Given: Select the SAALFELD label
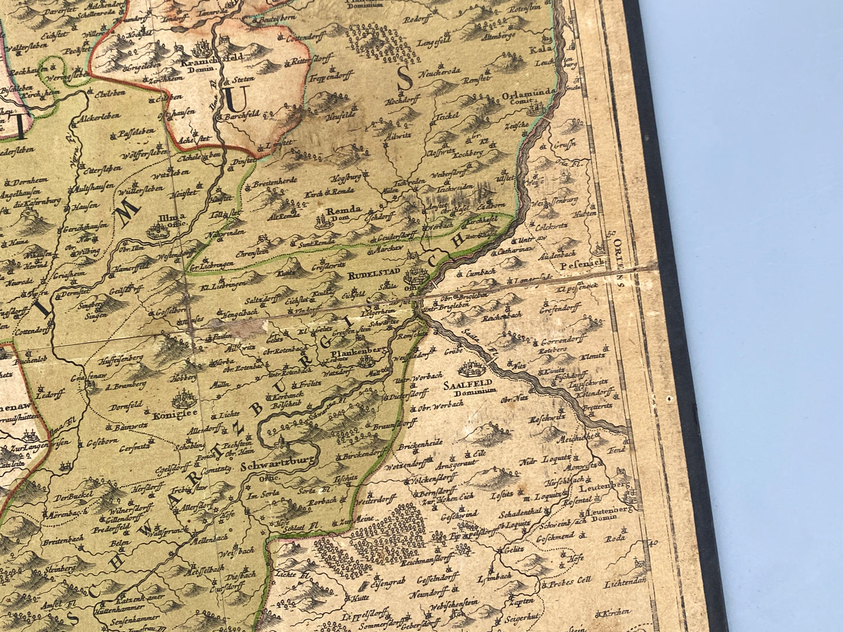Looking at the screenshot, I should [478, 384].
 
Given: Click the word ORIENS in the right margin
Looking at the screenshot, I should [619, 257].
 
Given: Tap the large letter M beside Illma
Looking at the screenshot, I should [125, 218].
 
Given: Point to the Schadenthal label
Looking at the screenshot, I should [520, 516].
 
